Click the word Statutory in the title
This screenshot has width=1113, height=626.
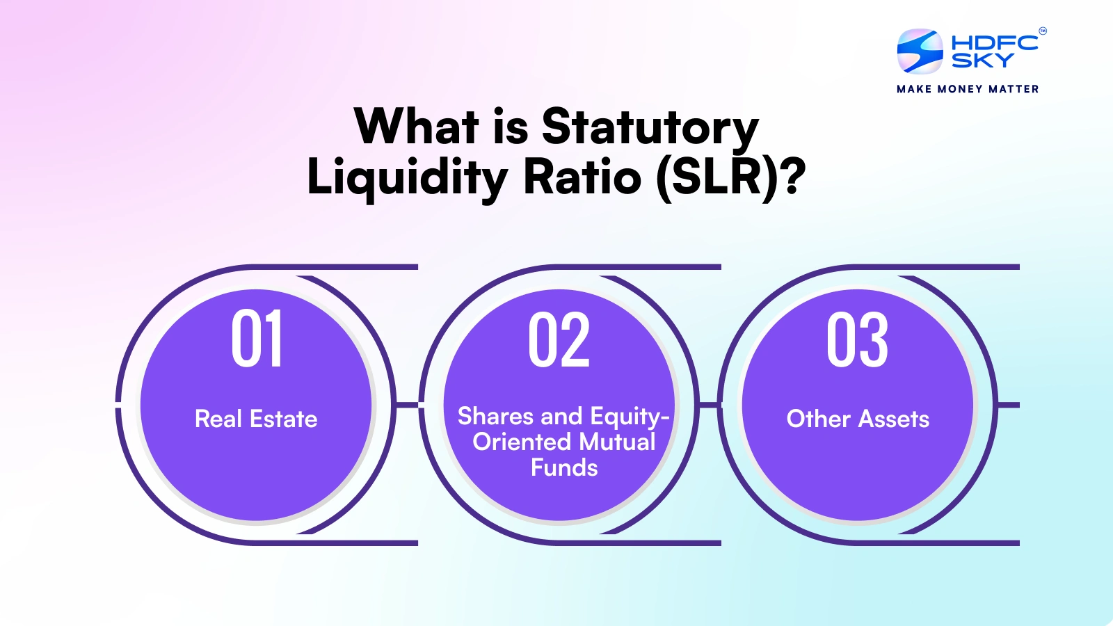(x=650, y=128)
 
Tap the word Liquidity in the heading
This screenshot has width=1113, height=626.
(x=408, y=177)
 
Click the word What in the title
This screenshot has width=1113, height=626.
(x=417, y=126)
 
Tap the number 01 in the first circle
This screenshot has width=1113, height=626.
(x=257, y=338)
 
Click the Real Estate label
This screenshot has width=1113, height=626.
(x=256, y=418)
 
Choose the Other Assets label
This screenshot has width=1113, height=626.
(x=858, y=418)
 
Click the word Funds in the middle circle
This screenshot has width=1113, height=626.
(x=564, y=467)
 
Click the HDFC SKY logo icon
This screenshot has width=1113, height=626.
(x=920, y=51)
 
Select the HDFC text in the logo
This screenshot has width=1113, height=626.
(x=995, y=42)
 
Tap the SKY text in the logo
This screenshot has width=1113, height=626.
(x=982, y=60)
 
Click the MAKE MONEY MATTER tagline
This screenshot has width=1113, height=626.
(x=968, y=89)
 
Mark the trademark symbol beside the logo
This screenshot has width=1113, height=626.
(x=1043, y=31)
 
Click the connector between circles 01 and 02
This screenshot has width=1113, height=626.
(x=408, y=406)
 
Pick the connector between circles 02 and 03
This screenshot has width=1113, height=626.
(x=710, y=406)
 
